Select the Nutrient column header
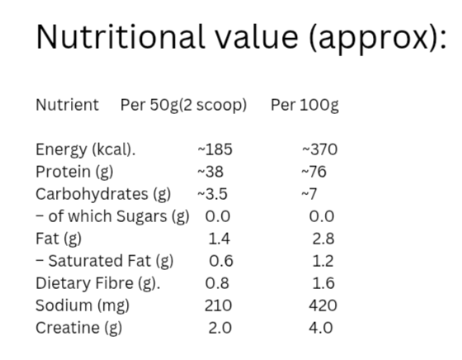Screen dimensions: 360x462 pos(67,105)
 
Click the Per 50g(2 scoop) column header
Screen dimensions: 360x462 pos(183,105)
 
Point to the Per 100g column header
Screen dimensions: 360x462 pos(304,105)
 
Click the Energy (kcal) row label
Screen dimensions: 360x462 pos(85,149)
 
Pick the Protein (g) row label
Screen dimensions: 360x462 pos(74,172)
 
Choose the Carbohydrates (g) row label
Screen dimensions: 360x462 pos(103,194)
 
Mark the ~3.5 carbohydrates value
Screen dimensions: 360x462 pos(212,194)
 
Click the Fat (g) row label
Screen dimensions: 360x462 pos(59,239)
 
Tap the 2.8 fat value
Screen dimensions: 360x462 pos(323,239)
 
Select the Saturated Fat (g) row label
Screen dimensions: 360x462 pos(105,261)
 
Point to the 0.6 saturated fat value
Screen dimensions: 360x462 pos(221,261)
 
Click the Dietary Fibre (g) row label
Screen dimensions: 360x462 pos(97,283)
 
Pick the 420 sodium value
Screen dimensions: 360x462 pos(322,306)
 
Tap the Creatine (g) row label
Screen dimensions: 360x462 pos(78,328)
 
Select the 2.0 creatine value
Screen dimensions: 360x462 pos(219,328)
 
